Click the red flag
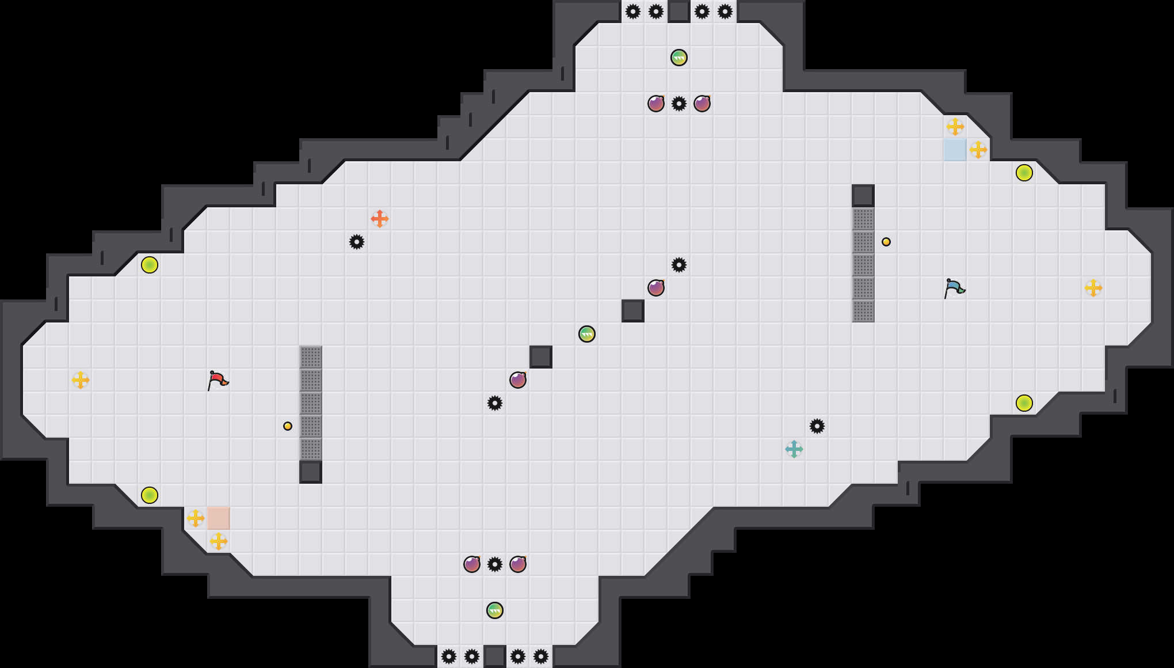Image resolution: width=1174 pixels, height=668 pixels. tap(218, 380)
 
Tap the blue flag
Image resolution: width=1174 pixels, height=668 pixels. tap(954, 288)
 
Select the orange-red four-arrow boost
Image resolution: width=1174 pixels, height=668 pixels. tap(380, 219)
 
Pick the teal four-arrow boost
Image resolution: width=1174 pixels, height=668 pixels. tap(794, 449)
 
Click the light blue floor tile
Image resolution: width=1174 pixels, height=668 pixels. tap(955, 150)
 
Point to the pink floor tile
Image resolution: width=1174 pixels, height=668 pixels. tap(219, 518)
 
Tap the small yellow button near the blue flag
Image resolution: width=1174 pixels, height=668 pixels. tap(886, 242)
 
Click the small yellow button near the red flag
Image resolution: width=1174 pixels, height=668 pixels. tap(288, 426)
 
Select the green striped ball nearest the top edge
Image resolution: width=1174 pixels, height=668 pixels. tap(679, 58)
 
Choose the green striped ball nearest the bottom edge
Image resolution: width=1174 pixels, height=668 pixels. tap(495, 610)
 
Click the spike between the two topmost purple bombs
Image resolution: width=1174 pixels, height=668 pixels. tap(679, 104)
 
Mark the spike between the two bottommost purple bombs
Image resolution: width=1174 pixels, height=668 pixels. tap(495, 564)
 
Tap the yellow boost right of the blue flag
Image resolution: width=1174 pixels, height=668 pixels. tap(1093, 288)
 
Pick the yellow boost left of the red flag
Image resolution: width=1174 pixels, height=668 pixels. tap(81, 380)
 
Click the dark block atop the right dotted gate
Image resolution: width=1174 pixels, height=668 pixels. tap(863, 196)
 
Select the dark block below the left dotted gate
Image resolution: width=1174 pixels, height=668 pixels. tap(311, 472)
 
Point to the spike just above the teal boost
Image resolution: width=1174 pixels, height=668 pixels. tap(817, 426)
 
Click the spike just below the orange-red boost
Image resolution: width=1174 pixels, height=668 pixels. tap(357, 242)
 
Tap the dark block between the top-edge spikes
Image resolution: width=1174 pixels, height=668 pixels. tap(679, 12)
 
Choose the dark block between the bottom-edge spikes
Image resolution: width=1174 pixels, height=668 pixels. tap(495, 656)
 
